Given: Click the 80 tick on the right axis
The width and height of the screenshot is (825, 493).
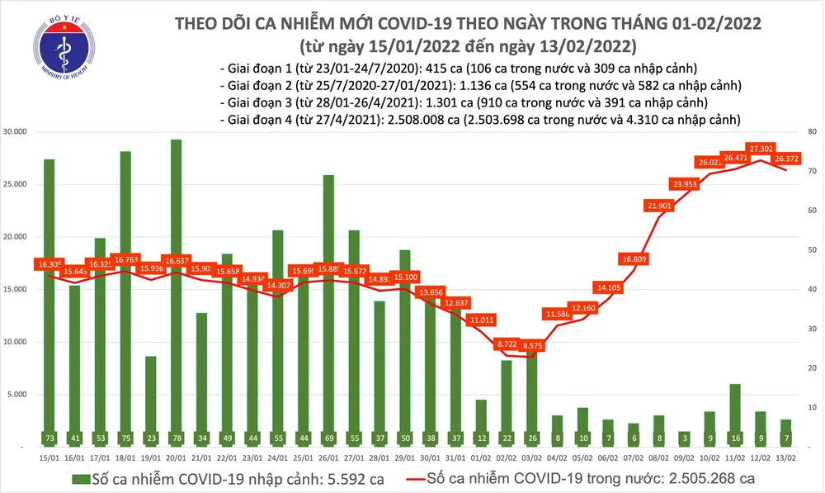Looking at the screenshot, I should point(811,132).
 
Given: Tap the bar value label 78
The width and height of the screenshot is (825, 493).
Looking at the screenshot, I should point(177,437).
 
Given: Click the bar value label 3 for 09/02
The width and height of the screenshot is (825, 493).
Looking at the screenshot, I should point(684,437).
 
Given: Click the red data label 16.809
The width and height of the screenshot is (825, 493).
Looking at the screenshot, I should point(634,258).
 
